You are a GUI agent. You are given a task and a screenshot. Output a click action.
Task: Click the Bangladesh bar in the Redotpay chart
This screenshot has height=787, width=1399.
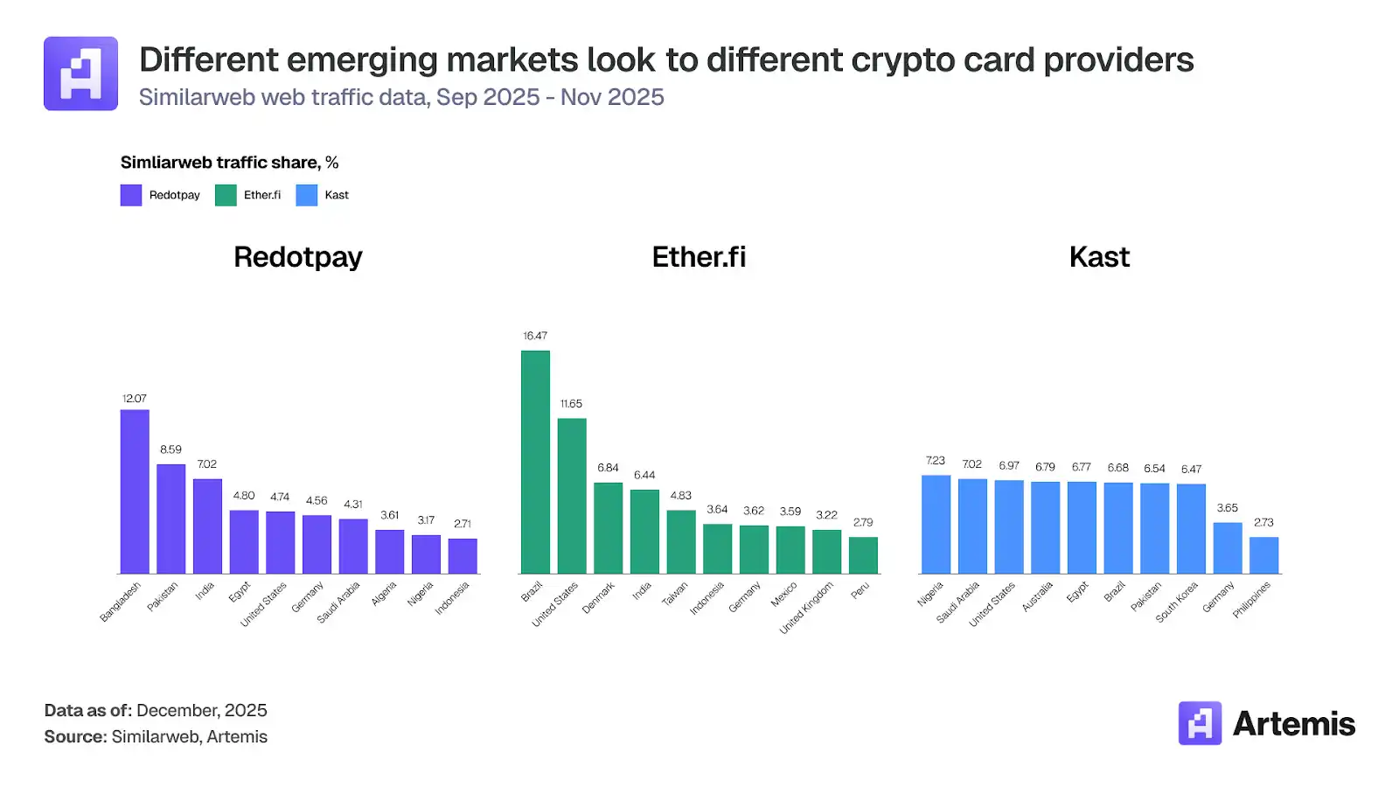coord(135,491)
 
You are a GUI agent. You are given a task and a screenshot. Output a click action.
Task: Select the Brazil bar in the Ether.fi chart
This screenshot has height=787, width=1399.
coord(535,462)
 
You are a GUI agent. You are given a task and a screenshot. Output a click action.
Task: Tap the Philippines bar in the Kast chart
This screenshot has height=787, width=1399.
coord(1263,555)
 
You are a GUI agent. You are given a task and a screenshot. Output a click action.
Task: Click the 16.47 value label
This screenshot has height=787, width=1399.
coord(535,336)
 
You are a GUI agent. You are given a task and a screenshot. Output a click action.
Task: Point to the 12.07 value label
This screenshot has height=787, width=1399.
coord(135,399)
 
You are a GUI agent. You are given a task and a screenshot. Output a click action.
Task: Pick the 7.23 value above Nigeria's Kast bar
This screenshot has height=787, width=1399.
coord(936,461)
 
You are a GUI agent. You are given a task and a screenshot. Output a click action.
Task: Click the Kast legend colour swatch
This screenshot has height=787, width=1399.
coord(307,195)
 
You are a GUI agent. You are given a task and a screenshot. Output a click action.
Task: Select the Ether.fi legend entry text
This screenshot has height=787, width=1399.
coord(262,195)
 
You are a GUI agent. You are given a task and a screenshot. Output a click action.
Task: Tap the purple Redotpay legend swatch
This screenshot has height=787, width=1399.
coord(131,195)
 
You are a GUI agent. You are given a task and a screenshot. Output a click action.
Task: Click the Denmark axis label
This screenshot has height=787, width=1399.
coord(599,597)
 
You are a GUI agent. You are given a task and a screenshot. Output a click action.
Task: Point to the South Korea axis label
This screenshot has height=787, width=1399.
coord(1177,602)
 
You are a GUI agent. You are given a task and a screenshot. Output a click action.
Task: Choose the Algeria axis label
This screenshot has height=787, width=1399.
coord(384,594)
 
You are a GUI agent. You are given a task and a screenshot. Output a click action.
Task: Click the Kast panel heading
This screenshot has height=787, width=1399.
coord(1099,257)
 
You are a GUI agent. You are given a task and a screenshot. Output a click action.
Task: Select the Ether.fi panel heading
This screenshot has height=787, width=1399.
coord(699,257)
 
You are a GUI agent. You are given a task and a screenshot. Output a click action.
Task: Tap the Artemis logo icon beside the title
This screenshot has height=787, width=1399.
coord(80,73)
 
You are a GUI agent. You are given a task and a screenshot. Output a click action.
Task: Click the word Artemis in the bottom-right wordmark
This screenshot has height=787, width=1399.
coord(1293,724)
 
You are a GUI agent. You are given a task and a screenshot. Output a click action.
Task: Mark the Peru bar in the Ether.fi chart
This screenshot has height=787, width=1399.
coord(863,555)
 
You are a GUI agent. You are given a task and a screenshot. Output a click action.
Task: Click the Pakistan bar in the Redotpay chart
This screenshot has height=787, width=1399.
coord(171,519)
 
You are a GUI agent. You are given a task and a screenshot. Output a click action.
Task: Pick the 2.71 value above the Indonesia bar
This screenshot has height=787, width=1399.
coord(463,524)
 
